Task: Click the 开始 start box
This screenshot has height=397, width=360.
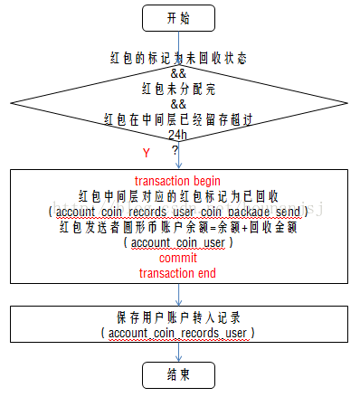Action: coord(178,17)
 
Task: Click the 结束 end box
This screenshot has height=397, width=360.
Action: coord(178,373)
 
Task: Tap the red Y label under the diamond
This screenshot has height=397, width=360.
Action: coord(146,152)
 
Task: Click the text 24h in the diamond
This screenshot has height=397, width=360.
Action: coord(178,135)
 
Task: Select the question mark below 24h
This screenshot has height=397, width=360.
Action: coord(175,149)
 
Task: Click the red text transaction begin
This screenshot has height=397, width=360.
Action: coord(177,181)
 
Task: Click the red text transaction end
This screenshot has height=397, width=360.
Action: coord(177,272)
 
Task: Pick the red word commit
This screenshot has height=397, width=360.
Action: coord(177,258)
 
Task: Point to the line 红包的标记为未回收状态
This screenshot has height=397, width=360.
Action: coord(177,58)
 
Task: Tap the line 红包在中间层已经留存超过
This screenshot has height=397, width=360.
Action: coord(177,118)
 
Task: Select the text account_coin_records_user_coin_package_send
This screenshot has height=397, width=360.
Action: coord(178,211)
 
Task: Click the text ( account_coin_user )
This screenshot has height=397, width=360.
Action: coord(177,242)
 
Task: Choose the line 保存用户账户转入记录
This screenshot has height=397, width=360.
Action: coord(177,317)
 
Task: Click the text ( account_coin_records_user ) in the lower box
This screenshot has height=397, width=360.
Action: coord(177,334)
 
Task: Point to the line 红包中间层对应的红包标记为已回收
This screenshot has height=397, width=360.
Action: coord(177,195)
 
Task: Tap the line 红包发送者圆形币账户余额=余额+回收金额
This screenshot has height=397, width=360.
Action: coord(177,227)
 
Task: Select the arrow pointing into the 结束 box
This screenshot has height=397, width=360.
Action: coord(178,354)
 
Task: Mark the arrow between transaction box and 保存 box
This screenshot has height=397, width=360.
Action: coord(178,295)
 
